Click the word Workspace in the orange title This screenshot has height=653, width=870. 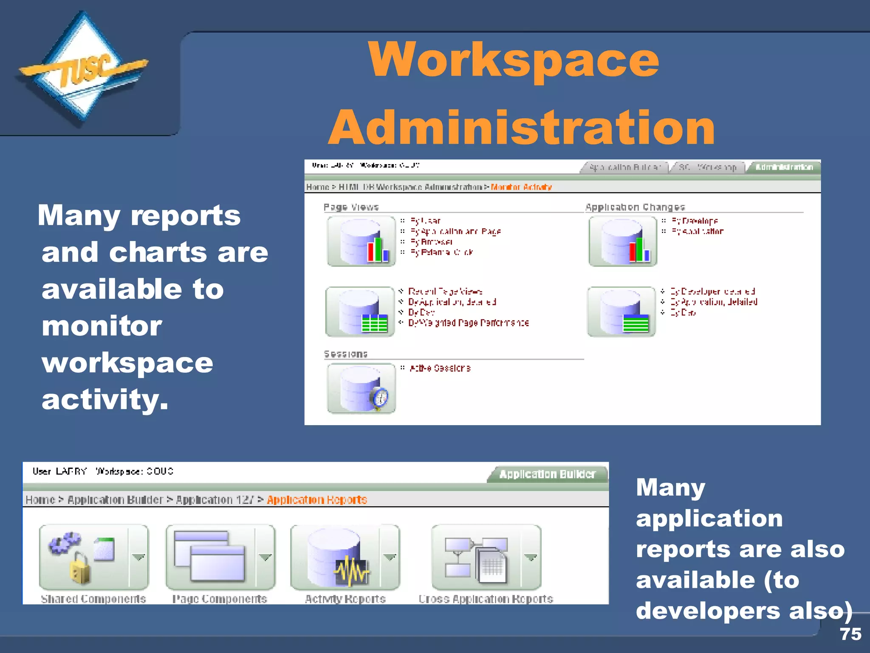(x=514, y=60)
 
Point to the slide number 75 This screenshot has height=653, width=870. (x=850, y=634)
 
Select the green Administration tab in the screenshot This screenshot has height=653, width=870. (x=784, y=167)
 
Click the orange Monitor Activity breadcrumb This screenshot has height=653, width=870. (x=521, y=187)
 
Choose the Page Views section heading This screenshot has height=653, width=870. (x=351, y=207)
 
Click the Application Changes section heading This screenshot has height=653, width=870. (x=635, y=207)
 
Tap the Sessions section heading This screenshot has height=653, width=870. (x=345, y=354)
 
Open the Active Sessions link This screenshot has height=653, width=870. (x=440, y=368)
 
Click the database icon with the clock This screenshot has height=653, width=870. (x=362, y=388)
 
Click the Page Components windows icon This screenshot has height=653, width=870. (x=210, y=557)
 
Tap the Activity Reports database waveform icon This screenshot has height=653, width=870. (x=336, y=557)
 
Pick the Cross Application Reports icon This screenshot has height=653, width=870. (x=476, y=557)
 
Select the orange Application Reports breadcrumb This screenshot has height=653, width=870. (x=317, y=500)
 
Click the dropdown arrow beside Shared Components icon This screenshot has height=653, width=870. (x=138, y=556)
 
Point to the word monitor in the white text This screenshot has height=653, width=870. (x=102, y=326)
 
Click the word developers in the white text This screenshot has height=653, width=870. (x=708, y=610)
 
